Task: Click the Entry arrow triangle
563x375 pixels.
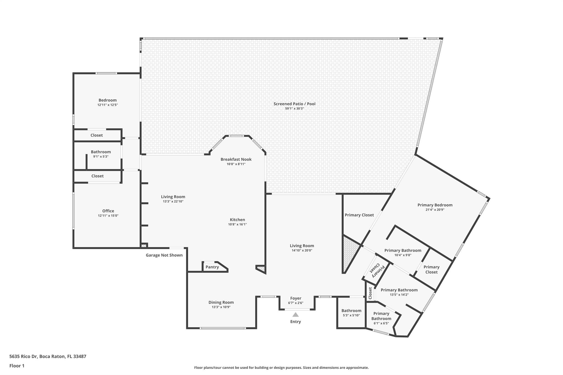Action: coord(296,315)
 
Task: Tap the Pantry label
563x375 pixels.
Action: coord(212,267)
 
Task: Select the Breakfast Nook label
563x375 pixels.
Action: coord(236,159)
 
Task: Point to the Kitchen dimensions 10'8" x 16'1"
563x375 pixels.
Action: coord(238,224)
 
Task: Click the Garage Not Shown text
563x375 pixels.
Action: coord(164,255)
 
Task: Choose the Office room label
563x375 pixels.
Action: coord(108,211)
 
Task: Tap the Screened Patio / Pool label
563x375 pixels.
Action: coord(294,104)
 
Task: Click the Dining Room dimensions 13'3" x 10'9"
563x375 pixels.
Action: coord(221,307)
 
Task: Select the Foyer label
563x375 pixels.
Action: coord(296,298)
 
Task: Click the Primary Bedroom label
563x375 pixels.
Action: coord(435,205)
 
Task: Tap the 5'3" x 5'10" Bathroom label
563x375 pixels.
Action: coord(351,311)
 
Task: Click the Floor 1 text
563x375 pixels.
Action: coord(17,366)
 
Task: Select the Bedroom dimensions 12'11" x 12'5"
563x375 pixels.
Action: coord(107,105)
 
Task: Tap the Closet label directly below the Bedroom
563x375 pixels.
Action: coord(97,135)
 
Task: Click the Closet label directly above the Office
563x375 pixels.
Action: coord(98,176)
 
